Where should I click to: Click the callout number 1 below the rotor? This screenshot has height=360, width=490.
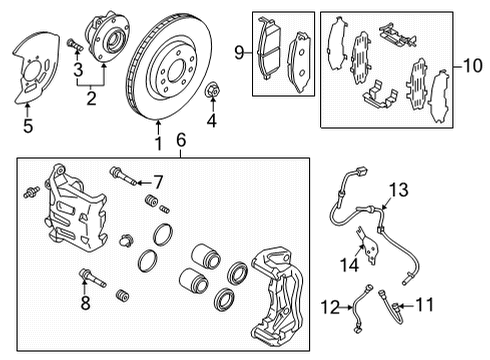[x=157, y=146]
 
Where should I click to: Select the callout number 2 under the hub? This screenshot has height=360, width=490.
[x=90, y=97]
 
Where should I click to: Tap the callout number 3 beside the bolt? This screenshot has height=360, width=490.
[x=76, y=68]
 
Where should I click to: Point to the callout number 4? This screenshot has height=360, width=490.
[x=211, y=123]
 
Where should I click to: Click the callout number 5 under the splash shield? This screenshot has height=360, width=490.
[x=29, y=126]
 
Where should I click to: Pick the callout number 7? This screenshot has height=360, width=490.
[x=156, y=181]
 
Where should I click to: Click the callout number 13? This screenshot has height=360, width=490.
[x=399, y=189]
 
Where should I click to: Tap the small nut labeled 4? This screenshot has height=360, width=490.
[x=211, y=94]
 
